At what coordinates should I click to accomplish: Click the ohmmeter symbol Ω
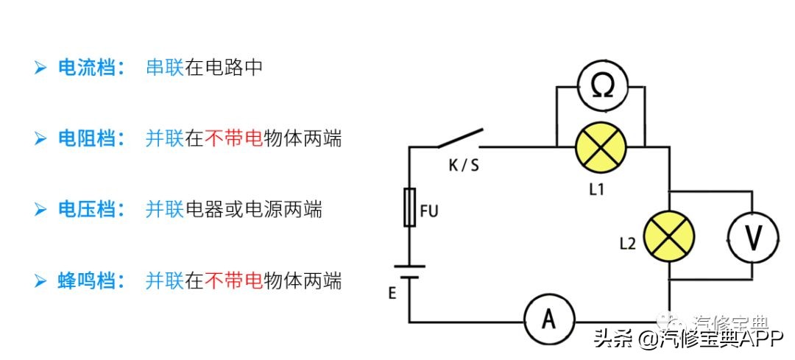tap(600, 87)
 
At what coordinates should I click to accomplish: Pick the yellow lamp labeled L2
tap(669, 236)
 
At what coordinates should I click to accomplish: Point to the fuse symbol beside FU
tap(410, 206)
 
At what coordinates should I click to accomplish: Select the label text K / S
tap(464, 165)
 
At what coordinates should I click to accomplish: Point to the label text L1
tap(597, 188)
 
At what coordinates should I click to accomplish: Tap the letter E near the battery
tap(392, 293)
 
